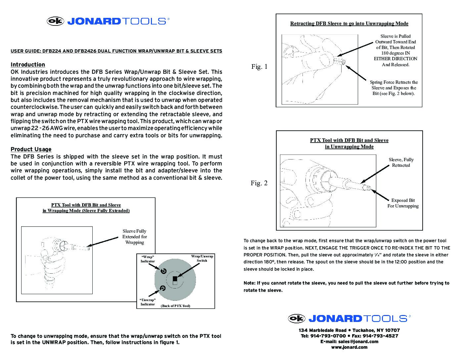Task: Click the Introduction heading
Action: click(28, 65)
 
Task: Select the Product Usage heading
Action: click(31, 149)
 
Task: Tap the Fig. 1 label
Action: click(259, 67)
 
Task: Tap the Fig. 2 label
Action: click(259, 183)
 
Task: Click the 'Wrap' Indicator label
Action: click(147, 259)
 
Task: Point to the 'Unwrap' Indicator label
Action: click(148, 302)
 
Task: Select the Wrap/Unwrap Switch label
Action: click(202, 258)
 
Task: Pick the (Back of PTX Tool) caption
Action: click(175, 306)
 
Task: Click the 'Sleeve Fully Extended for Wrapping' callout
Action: click(134, 237)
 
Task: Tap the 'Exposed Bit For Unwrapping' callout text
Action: click(403, 203)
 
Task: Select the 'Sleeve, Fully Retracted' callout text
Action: click(401, 162)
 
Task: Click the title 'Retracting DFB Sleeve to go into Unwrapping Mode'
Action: click(349, 23)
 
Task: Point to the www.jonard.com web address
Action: click(349, 347)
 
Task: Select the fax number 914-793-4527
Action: click(379, 336)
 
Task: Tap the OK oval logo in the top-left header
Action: click(55, 21)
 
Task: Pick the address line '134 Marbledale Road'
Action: click(322, 330)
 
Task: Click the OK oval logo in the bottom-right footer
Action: click(297, 318)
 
